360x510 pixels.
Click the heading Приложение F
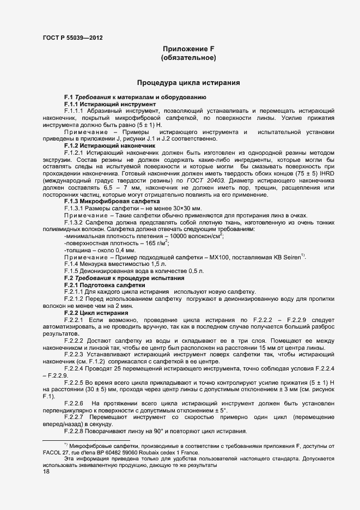click(188, 48)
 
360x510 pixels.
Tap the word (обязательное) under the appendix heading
click(188, 58)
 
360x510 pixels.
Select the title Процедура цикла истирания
click(188, 83)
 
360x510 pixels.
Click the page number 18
click(46, 472)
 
